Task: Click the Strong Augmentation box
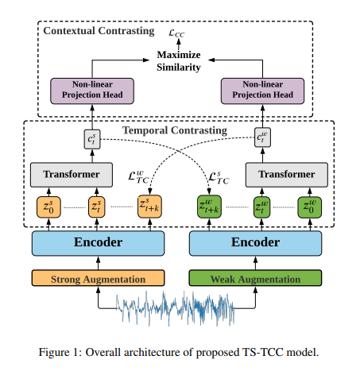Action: tap(98, 278)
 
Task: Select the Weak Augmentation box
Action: tap(255, 278)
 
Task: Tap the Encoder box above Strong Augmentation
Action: tap(98, 243)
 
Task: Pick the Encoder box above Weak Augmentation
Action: tap(255, 243)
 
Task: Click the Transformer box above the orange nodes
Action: tap(72, 175)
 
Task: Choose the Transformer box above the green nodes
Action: tap(287, 175)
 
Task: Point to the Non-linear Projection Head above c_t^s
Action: tap(92, 91)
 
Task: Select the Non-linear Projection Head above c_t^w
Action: tap(262, 91)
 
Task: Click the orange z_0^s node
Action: tap(48, 207)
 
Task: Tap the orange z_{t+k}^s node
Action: tap(149, 207)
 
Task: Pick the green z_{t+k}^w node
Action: tap(209, 207)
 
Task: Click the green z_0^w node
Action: tap(310, 207)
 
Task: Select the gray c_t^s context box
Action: tap(92, 139)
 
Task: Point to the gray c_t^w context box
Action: tap(262, 137)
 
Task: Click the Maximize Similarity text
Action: tap(179, 61)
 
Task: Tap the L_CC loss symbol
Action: tap(176, 33)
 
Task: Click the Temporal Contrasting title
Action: tap(175, 130)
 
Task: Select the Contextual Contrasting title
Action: tap(99, 31)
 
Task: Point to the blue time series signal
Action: tap(175, 308)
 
